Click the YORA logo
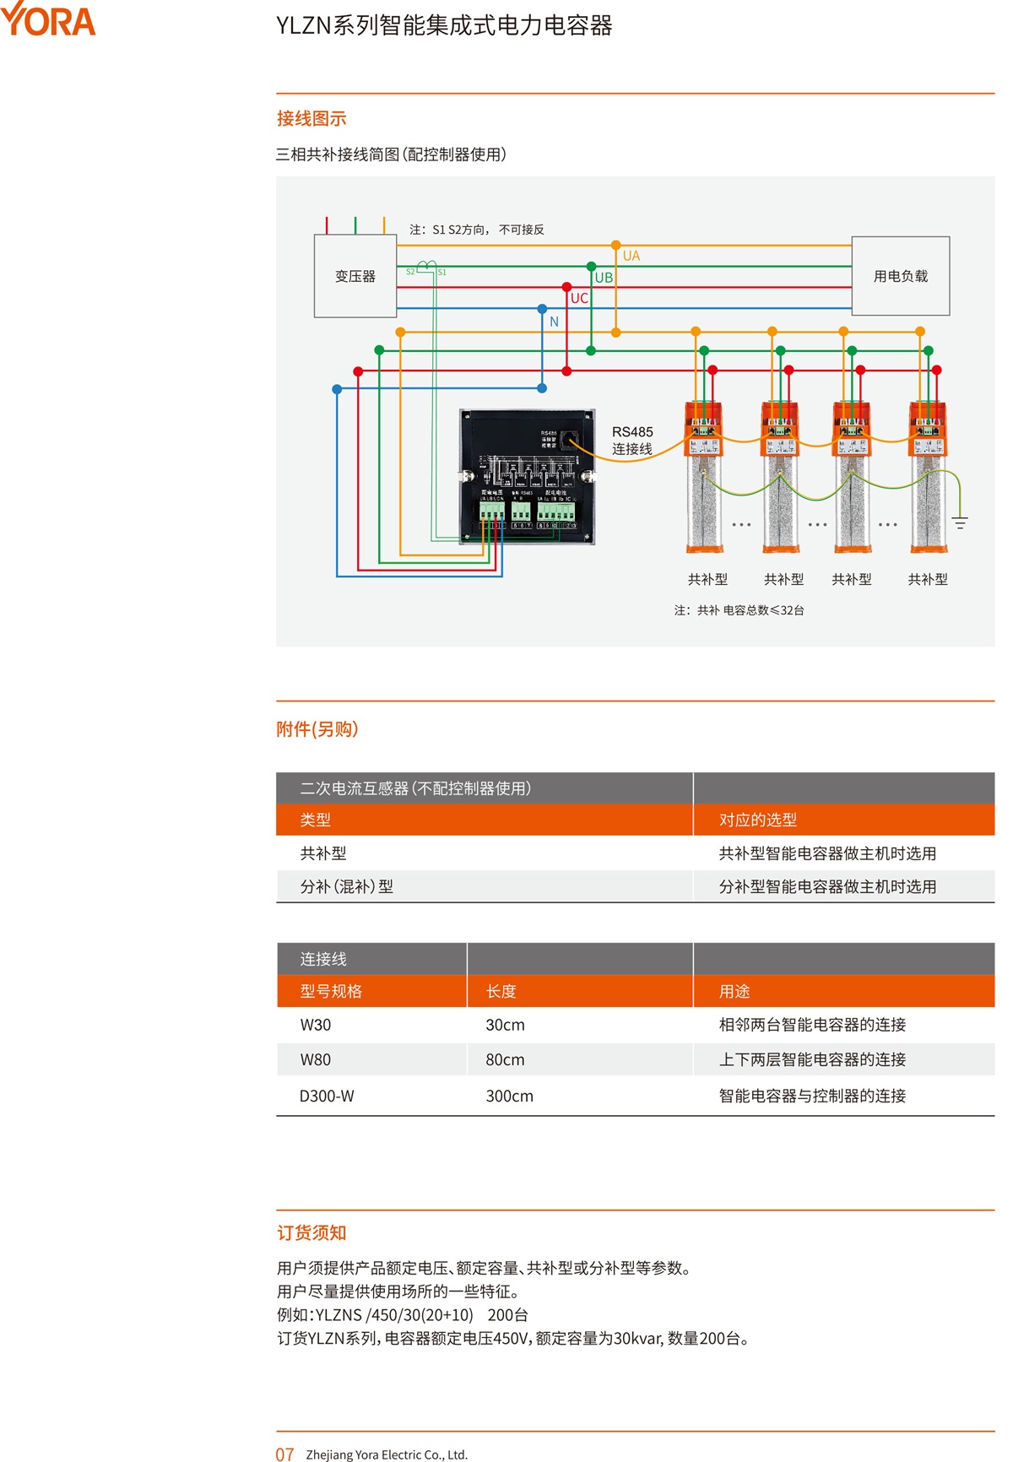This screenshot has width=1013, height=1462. (48, 20)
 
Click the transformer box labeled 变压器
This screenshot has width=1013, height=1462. (355, 276)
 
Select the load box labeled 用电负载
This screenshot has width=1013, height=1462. (900, 276)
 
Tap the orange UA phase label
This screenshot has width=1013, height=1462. (631, 256)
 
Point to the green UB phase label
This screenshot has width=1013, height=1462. (604, 277)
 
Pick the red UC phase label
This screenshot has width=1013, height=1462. (579, 298)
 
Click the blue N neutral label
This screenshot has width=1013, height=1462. (554, 322)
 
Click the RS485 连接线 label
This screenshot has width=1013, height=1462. (632, 440)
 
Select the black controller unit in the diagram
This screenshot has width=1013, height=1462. (527, 477)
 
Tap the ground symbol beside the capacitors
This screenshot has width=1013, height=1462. (960, 523)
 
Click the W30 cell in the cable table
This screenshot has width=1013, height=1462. (316, 1025)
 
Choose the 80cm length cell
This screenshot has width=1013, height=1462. (505, 1059)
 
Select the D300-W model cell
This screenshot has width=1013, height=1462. (327, 1096)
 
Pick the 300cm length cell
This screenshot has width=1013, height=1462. (509, 1096)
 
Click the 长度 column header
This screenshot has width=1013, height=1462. (501, 991)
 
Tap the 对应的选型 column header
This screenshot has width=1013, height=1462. (757, 820)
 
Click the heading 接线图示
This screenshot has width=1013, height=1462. (311, 119)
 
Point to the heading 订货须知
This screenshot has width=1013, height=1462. (311, 1232)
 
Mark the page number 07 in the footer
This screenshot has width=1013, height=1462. (284, 1454)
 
